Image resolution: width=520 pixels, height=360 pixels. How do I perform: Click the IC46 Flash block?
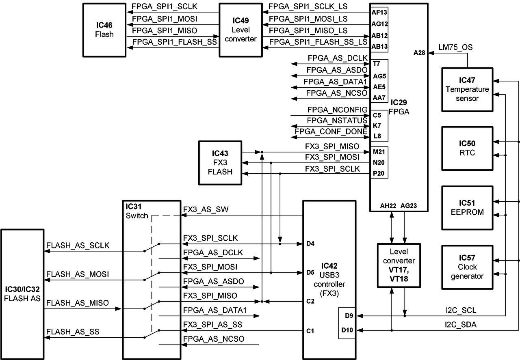click(104, 30)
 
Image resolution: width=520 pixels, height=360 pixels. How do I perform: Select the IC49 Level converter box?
click(241, 30)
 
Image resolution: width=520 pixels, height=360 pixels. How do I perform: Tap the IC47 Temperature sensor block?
click(467, 89)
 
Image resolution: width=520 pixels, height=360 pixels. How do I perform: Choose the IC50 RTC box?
click(467, 148)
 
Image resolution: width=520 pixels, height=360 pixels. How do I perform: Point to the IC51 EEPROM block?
click(467, 207)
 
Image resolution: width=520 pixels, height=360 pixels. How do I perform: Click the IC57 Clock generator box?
click(467, 267)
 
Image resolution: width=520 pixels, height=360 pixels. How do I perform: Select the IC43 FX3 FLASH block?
click(220, 162)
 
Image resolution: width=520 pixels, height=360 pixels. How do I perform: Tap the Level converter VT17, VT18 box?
click(399, 265)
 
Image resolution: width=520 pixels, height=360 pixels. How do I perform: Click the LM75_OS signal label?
click(455, 48)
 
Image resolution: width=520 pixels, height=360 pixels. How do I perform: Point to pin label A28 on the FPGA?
click(419, 52)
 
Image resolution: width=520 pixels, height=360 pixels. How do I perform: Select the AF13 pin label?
click(379, 12)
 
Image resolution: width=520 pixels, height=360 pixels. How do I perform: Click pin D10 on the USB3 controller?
click(347, 330)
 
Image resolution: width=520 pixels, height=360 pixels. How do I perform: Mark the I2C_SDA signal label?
click(460, 324)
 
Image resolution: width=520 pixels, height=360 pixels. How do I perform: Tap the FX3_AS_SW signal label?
click(206, 210)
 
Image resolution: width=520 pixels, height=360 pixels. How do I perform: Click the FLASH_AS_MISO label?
click(77, 303)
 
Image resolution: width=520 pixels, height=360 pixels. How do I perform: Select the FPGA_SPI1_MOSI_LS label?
click(308, 19)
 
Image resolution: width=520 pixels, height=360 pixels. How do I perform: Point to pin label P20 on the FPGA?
click(378, 174)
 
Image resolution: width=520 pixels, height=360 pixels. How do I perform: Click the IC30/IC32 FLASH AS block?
click(22, 294)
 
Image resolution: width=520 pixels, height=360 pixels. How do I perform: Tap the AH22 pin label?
click(388, 206)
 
